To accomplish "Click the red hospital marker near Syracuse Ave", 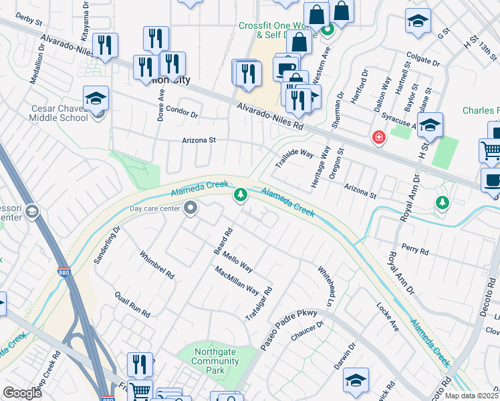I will (379, 138).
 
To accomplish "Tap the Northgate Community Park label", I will (215, 362).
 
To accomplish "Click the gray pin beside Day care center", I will (191, 209).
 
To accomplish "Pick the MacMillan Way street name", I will (237, 280).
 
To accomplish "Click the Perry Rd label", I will (415, 249).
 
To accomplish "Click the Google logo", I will (22, 393).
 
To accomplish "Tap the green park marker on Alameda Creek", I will (240, 195).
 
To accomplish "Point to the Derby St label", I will (28, 19).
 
